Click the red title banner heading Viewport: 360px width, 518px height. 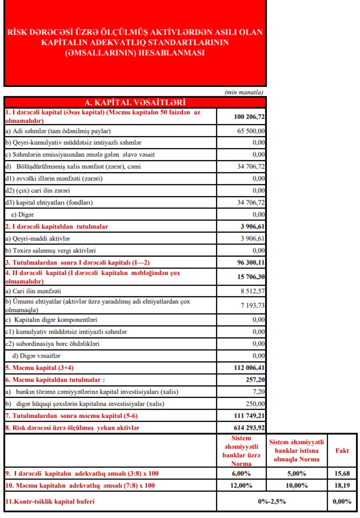[135, 43]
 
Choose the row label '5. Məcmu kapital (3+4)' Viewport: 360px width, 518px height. [41, 368]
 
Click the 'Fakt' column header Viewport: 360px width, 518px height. [342, 450]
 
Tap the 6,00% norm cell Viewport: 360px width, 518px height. [241, 473]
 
